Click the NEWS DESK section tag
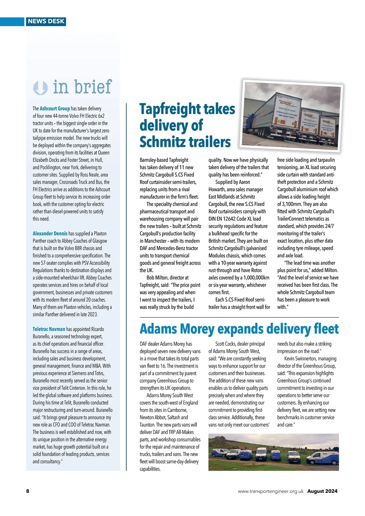tap(46, 21)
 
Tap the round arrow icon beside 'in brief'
tap(40, 88)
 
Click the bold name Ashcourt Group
tap(55, 109)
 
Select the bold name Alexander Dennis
tap(50, 234)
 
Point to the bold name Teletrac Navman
tap(49, 329)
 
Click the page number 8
tap(28, 491)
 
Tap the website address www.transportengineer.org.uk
tap(270, 491)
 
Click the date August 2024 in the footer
tap(322, 491)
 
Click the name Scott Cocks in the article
tap(225, 344)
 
